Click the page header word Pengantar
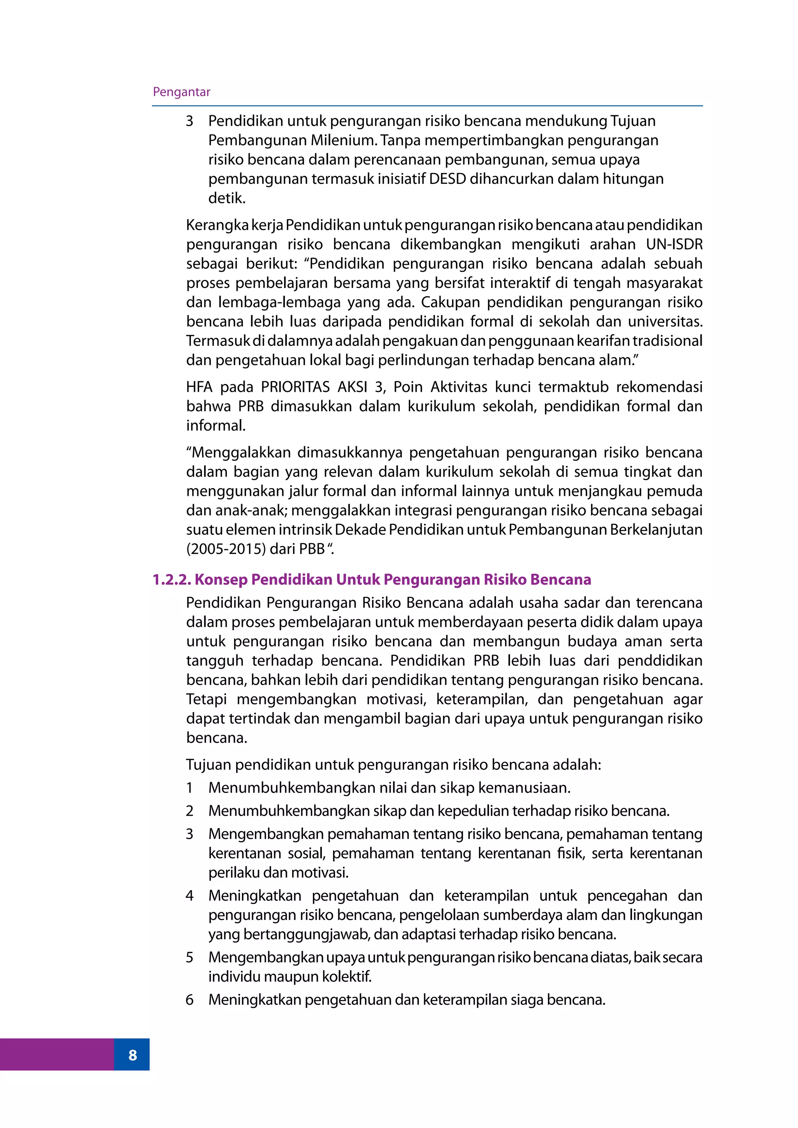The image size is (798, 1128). [181, 92]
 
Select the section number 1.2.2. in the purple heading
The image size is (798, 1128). [171, 580]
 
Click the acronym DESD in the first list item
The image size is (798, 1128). [447, 179]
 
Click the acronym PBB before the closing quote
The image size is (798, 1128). [312, 549]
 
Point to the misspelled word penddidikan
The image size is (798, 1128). [659, 660]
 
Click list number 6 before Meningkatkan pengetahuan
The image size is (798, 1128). [190, 1000]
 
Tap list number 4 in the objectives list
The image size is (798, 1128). [190, 895]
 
